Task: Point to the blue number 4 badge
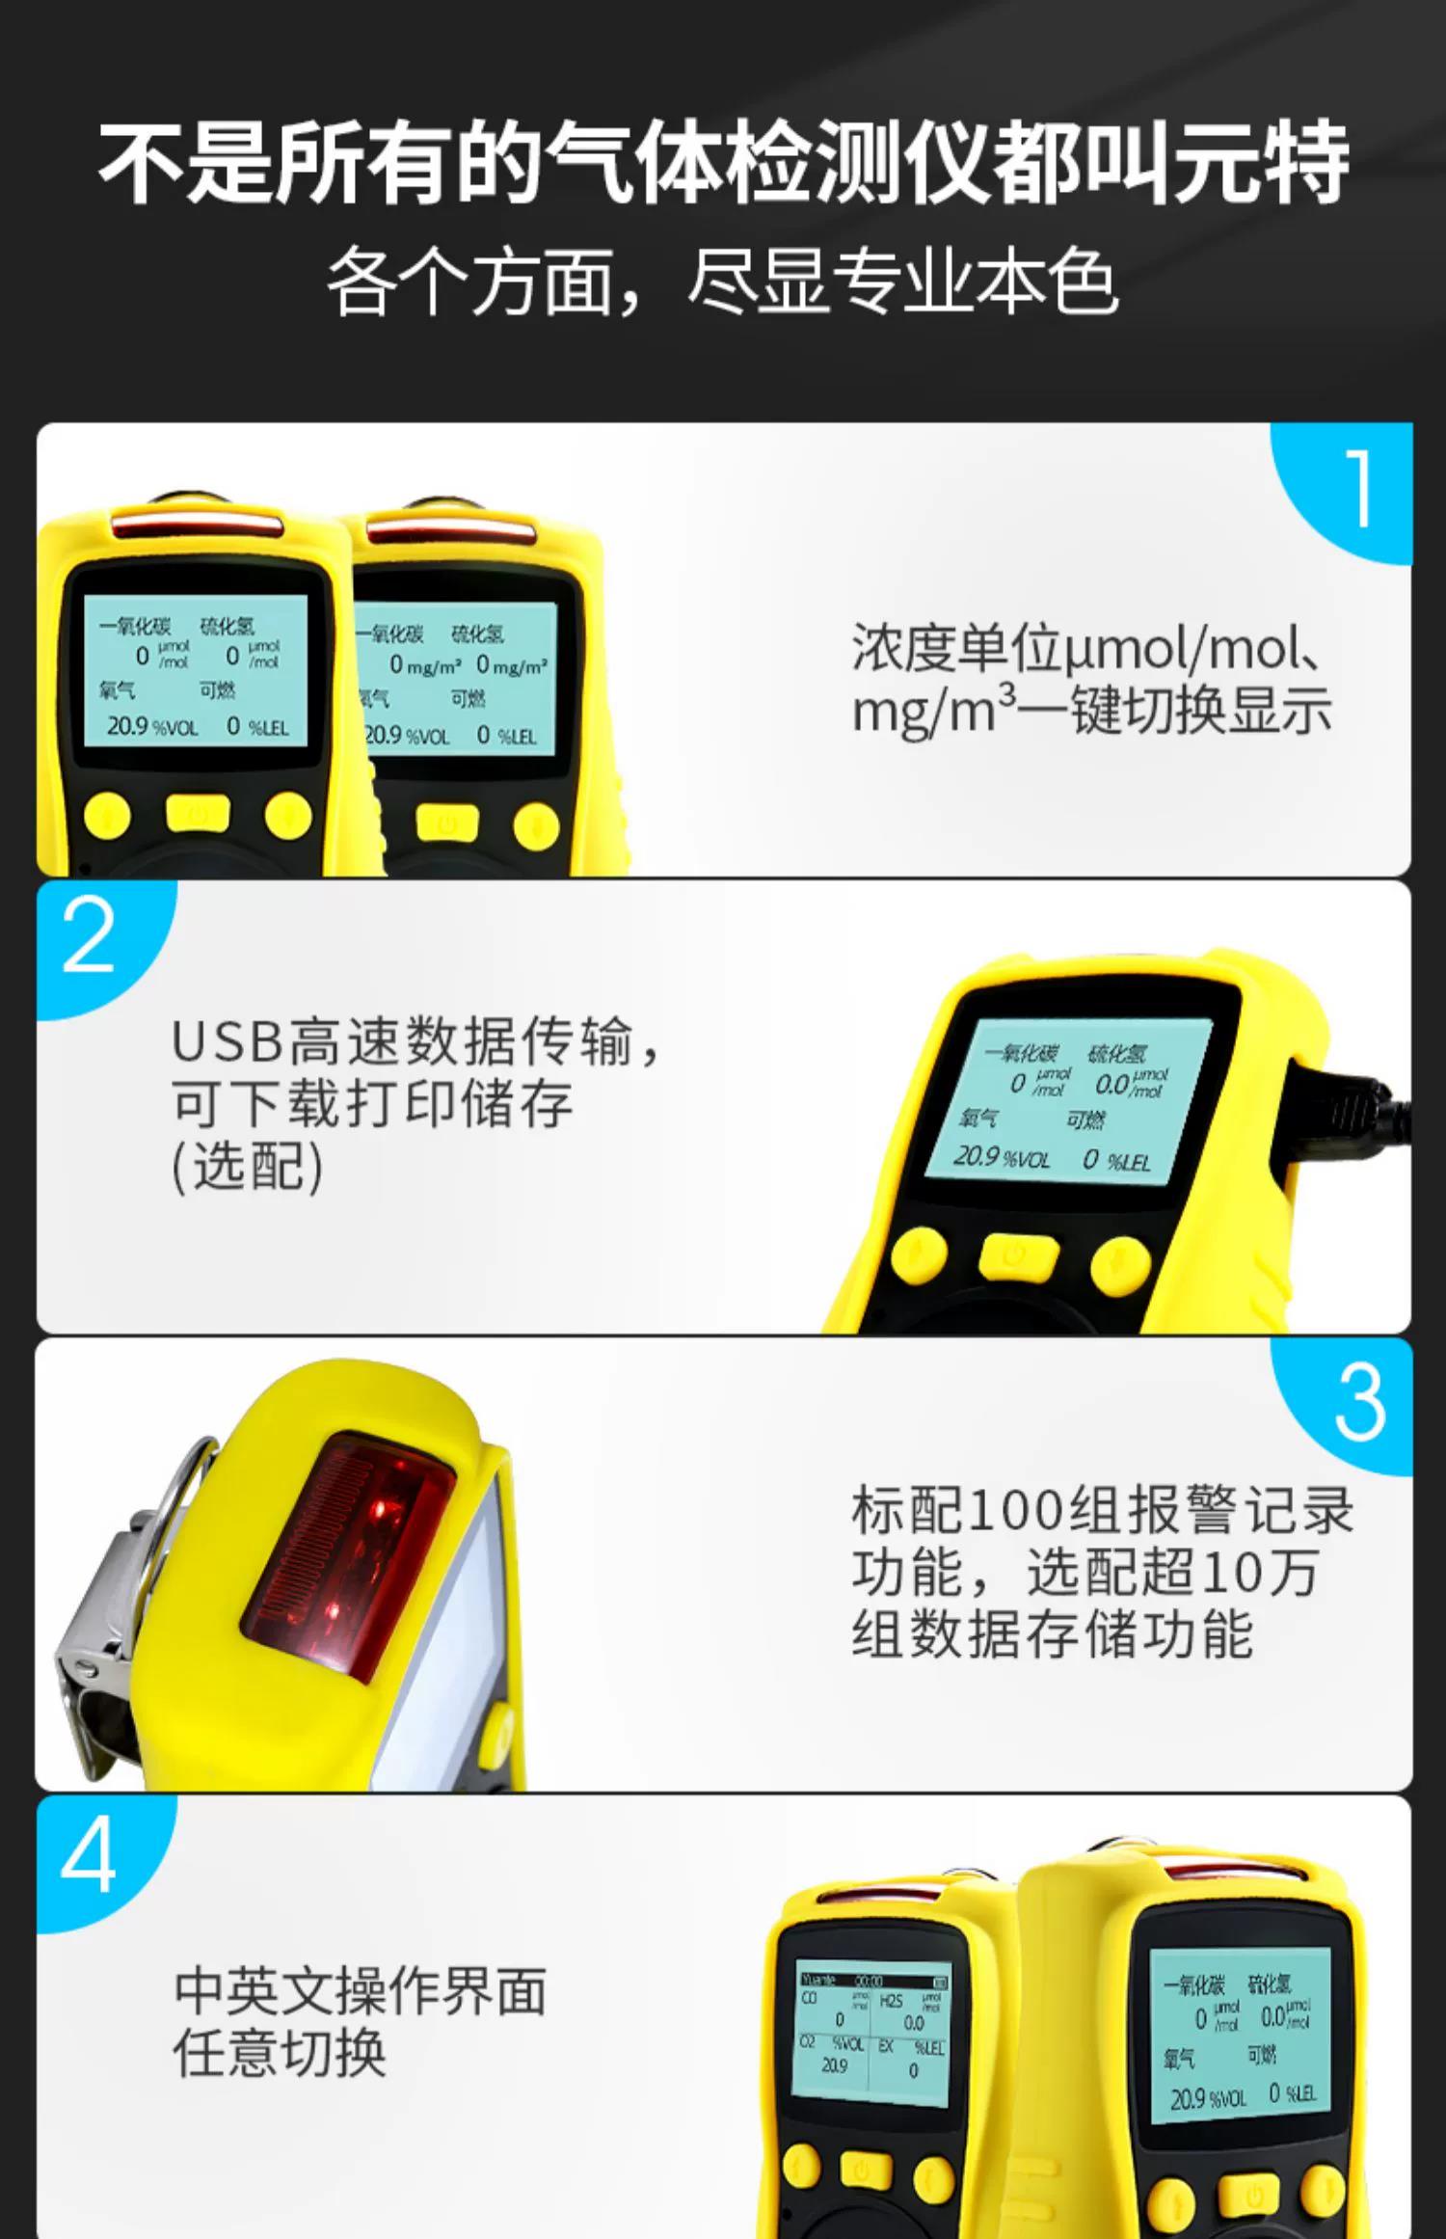[x=89, y=1856]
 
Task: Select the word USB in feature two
[x=228, y=1042]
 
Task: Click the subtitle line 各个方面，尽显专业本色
[x=723, y=282]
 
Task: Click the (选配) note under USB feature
[x=247, y=1167]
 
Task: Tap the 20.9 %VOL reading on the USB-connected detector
[x=1001, y=1156]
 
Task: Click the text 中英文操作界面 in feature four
[x=360, y=1992]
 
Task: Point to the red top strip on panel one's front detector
[x=197, y=526]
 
